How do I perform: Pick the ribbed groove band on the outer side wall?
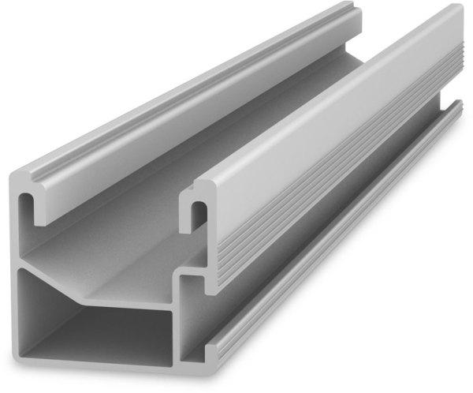[x=339, y=197]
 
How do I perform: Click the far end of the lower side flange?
[x=456, y=106]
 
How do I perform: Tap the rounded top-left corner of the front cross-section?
[x=20, y=177]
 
